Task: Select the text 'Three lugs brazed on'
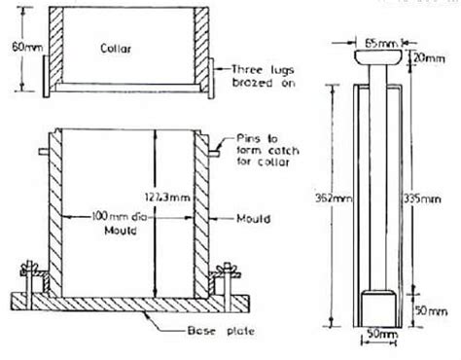click(x=262, y=75)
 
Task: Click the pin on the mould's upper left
click(x=44, y=154)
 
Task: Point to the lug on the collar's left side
click(x=44, y=76)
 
